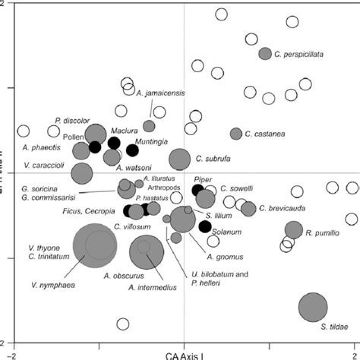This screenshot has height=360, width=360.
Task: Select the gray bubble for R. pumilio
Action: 294,230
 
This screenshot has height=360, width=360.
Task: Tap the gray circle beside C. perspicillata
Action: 264,54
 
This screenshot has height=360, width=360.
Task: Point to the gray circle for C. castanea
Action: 236,134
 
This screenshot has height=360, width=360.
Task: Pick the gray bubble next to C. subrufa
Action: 180,159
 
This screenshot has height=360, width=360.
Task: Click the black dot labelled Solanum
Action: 204,226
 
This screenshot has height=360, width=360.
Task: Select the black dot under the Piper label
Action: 197,190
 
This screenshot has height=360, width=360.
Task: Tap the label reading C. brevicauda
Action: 283,208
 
